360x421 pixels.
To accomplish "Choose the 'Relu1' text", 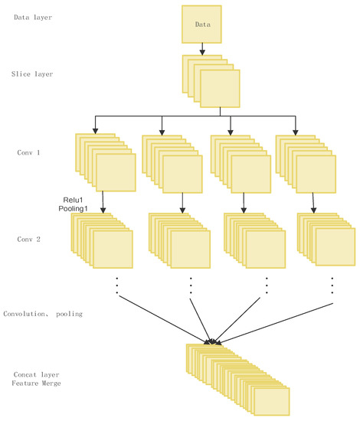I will point(71,197).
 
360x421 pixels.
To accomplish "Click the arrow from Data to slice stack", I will point(202,49).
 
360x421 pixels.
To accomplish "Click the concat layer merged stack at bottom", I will point(239,380).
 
